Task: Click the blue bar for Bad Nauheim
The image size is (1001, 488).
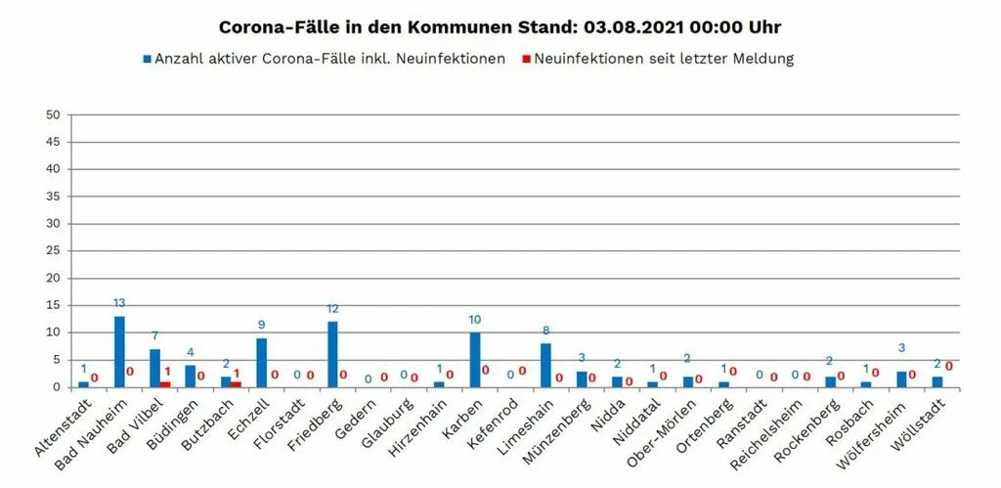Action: tap(119, 351)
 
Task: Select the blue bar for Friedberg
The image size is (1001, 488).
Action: tap(332, 354)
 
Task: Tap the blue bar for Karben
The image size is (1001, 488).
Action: tap(475, 360)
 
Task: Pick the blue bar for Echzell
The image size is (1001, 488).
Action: tap(262, 362)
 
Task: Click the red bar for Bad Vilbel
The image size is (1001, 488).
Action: tap(166, 384)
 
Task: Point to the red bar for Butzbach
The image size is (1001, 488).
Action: tap(237, 384)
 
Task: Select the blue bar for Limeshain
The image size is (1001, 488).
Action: tap(545, 365)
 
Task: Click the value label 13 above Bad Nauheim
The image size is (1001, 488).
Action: tap(119, 303)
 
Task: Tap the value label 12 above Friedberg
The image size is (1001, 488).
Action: tap(332, 308)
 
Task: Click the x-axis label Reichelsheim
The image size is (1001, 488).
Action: tap(767, 433)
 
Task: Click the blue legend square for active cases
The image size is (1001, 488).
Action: tap(148, 59)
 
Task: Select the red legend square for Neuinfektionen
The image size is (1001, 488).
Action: tap(527, 59)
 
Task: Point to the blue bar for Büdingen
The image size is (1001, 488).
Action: tap(191, 377)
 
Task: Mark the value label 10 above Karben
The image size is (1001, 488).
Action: tap(475, 320)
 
